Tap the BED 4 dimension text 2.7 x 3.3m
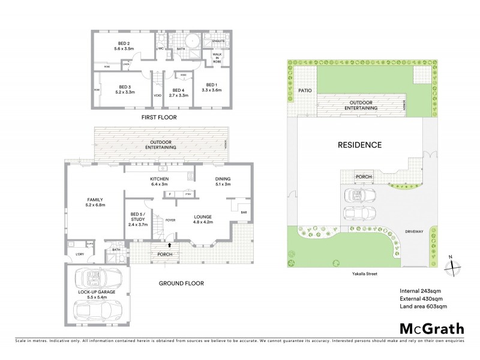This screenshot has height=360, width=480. pyautogui.click(x=178, y=95)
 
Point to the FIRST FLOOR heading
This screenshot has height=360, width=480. pyautogui.click(x=158, y=118)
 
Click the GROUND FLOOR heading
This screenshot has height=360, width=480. pyautogui.click(x=181, y=283)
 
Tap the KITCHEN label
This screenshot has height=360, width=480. pyautogui.click(x=159, y=179)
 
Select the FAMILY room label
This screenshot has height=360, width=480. pyautogui.click(x=95, y=200)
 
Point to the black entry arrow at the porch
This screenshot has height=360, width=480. pyautogui.click(x=169, y=245)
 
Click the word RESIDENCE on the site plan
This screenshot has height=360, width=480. pyautogui.click(x=359, y=145)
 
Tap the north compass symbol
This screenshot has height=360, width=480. pyautogui.click(x=453, y=267)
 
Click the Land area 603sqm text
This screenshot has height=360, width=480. pyautogui.click(x=424, y=307)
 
